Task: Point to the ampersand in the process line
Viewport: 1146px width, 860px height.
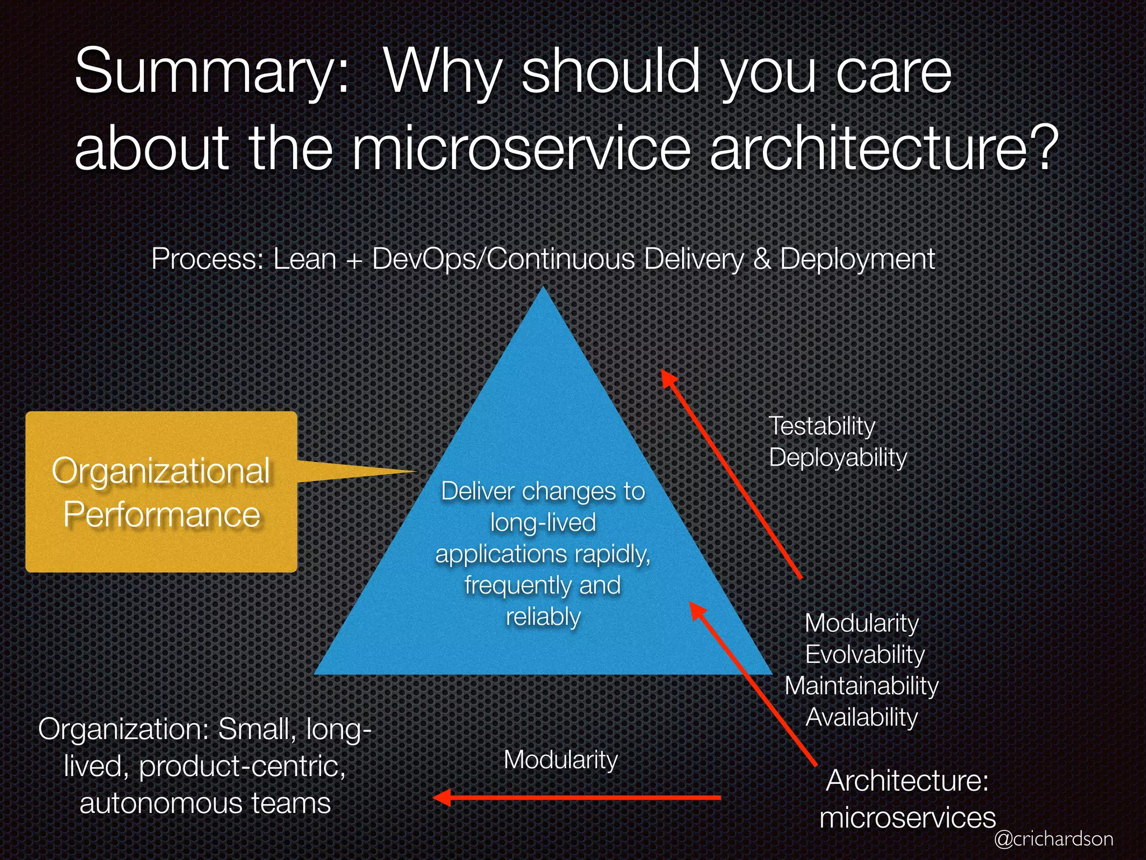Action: pyautogui.click(x=762, y=259)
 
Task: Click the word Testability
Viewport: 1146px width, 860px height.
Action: pyautogui.click(x=821, y=426)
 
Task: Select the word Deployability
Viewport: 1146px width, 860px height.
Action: pyautogui.click(x=838, y=457)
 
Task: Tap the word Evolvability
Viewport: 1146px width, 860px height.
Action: pyautogui.click(x=865, y=655)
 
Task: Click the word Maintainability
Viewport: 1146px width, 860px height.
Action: pyautogui.click(x=861, y=686)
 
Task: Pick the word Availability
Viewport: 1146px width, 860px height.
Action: pyautogui.click(x=861, y=717)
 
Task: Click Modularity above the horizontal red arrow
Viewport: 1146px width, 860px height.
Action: pyautogui.click(x=561, y=760)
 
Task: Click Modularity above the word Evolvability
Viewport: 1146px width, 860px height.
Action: pyautogui.click(x=861, y=623)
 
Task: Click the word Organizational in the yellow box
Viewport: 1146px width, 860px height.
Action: pyautogui.click(x=161, y=471)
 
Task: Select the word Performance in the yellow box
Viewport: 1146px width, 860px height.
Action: pyautogui.click(x=161, y=515)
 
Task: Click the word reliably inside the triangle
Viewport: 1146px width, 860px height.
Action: pyautogui.click(x=543, y=616)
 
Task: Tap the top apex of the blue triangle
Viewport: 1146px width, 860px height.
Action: pyautogui.click(x=543, y=289)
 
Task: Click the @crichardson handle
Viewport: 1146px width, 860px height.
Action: pyautogui.click(x=1054, y=839)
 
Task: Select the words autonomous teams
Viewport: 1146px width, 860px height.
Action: pyautogui.click(x=205, y=803)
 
